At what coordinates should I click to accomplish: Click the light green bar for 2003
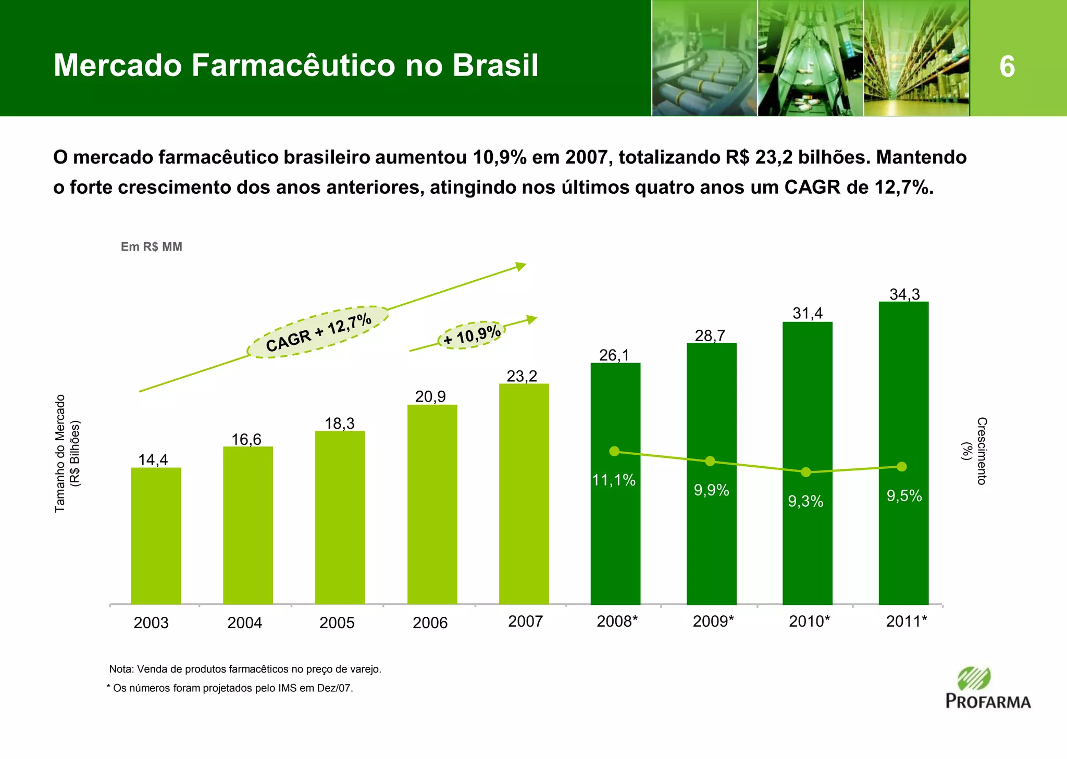[x=156, y=537]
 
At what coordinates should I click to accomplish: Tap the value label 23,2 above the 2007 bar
[x=522, y=376]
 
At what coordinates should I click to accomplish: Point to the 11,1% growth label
[x=614, y=480]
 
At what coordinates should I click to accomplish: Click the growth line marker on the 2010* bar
[x=806, y=472]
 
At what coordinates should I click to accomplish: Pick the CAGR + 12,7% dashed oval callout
[x=318, y=332]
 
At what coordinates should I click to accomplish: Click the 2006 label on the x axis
[x=430, y=623]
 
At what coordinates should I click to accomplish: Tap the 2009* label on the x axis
[x=713, y=621]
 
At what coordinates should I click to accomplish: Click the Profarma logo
[x=987, y=689]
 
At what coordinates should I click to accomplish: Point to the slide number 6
[x=1007, y=67]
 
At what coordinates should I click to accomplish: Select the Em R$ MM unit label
[x=151, y=247]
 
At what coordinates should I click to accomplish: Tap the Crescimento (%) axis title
[x=975, y=451]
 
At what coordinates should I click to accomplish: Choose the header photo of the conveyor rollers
[x=704, y=58]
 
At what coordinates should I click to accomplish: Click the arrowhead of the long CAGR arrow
[x=521, y=266]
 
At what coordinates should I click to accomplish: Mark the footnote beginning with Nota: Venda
[x=245, y=669]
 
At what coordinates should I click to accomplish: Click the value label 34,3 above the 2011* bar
[x=904, y=294]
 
